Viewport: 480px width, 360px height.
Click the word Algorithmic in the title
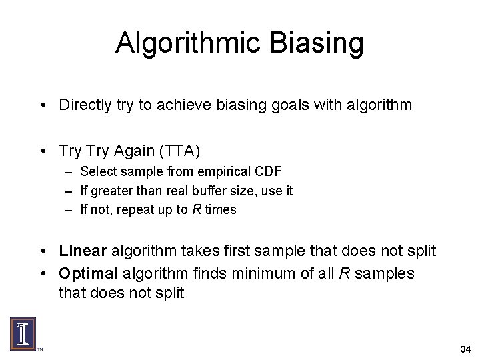tap(191, 43)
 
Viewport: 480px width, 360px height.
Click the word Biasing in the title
tap(319, 43)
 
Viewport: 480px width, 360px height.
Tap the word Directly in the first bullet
tap(84, 105)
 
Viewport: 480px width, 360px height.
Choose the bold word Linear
tap(83, 251)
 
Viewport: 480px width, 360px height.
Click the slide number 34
tap(465, 349)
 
